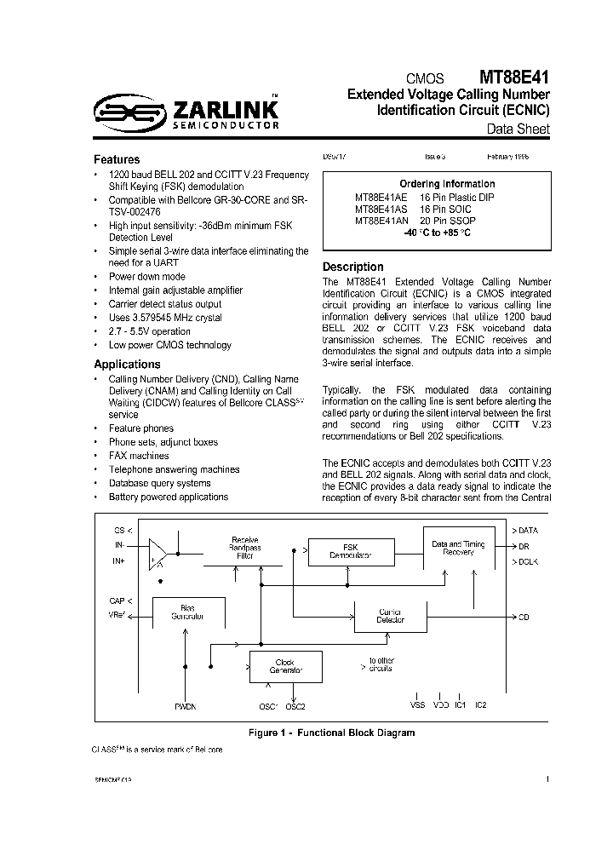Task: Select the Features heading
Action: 117,159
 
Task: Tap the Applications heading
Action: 127,364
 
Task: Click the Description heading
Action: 352,267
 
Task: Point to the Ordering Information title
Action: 447,184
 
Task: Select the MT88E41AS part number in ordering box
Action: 381,208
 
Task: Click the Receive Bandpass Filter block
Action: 245,547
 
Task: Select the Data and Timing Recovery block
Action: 458,547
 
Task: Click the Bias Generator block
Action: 187,612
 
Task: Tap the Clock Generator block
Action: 285,665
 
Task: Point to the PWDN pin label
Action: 185,706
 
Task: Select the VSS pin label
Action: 416,705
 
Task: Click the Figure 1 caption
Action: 331,733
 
